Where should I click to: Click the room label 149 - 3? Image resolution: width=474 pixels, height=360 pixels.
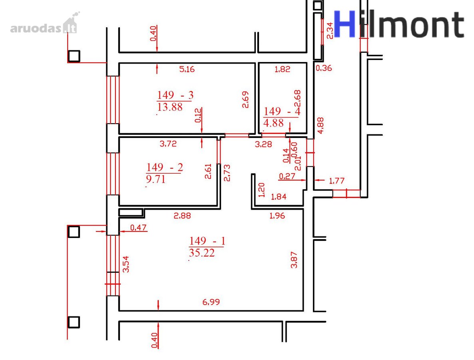click(x=175, y=95)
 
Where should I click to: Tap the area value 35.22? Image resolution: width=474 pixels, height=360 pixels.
click(x=202, y=253)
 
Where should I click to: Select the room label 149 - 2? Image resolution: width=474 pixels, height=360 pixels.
click(x=165, y=167)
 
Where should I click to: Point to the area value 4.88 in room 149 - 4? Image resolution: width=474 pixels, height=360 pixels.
click(x=274, y=123)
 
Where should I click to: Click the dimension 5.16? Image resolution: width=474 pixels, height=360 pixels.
click(x=187, y=69)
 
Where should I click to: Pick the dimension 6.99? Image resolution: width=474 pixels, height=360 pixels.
click(x=211, y=302)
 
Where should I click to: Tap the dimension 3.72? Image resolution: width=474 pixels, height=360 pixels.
click(x=168, y=144)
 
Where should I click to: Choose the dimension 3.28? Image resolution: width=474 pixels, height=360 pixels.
click(x=263, y=144)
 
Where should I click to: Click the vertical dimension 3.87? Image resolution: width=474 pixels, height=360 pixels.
click(x=294, y=260)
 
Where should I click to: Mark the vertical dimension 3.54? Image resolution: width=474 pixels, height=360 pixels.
click(x=126, y=264)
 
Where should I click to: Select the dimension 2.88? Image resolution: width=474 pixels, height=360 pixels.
click(x=182, y=216)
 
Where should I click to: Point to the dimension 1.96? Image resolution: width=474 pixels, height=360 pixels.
click(x=277, y=216)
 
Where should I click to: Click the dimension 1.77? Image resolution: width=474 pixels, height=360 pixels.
click(x=337, y=181)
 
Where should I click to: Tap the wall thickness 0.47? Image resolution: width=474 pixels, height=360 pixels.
click(x=138, y=228)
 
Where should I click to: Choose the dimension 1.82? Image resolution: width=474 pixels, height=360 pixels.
click(x=282, y=69)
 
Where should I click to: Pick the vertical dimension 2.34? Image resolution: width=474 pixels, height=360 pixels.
click(x=330, y=30)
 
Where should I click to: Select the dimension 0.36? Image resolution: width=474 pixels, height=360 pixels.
click(x=324, y=68)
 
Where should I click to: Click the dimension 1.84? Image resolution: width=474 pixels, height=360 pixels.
click(x=279, y=197)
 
